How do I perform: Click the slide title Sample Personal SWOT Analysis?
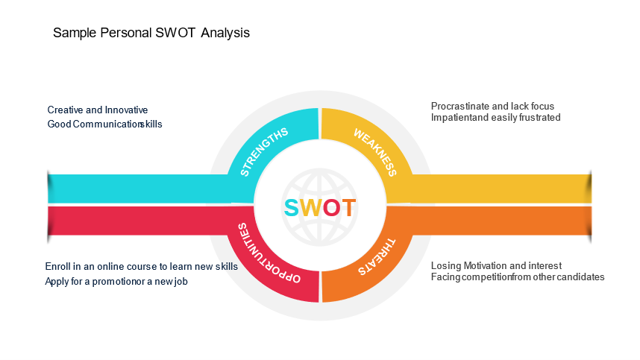[151, 34]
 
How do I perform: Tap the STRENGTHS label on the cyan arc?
[264, 152]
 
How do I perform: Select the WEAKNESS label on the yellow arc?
[374, 153]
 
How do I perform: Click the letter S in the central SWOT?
[292, 208]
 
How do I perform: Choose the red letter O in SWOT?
[331, 208]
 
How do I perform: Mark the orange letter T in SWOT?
[348, 208]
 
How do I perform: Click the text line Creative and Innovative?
[98, 110]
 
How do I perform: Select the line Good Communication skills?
[104, 124]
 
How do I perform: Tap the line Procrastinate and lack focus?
[492, 107]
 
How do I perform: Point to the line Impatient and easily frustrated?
[495, 118]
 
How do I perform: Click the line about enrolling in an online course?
[142, 267]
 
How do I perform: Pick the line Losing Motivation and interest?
[496, 266]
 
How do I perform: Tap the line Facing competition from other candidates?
[518, 277]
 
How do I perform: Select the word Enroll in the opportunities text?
[57, 267]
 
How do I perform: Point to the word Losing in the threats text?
[446, 266]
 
